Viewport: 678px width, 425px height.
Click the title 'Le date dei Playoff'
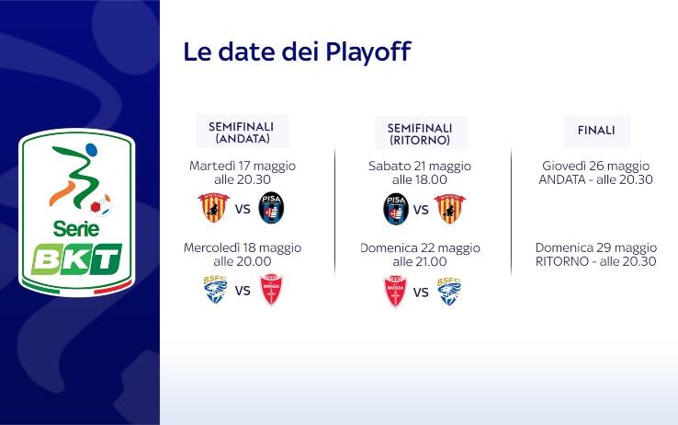(x=297, y=52)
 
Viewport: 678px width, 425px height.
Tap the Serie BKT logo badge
(x=77, y=212)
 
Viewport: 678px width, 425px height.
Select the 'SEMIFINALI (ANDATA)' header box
(x=243, y=132)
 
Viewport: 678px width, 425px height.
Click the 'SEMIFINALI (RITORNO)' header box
(x=420, y=132)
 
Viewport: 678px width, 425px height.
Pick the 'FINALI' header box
(x=596, y=131)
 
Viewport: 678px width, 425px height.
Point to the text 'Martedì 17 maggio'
(x=243, y=166)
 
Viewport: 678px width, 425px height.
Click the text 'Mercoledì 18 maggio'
(x=243, y=247)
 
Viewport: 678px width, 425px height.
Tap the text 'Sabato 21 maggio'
(x=420, y=166)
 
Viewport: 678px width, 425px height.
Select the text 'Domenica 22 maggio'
(x=420, y=247)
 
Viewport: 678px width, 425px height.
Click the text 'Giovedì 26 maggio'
(x=596, y=166)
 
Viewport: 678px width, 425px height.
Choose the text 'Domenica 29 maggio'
(x=596, y=247)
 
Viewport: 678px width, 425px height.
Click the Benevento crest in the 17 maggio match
(x=212, y=208)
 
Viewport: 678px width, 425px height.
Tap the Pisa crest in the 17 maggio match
(x=272, y=208)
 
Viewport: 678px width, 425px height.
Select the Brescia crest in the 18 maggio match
(x=214, y=291)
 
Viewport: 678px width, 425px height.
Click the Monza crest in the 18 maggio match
(x=271, y=291)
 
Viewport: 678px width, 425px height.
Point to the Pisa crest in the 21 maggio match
(x=395, y=209)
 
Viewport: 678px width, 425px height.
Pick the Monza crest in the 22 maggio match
(x=394, y=291)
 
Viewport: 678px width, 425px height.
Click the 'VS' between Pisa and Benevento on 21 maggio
(x=421, y=210)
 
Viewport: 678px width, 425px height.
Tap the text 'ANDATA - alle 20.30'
(x=596, y=179)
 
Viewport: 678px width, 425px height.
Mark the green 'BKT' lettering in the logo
(x=77, y=258)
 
